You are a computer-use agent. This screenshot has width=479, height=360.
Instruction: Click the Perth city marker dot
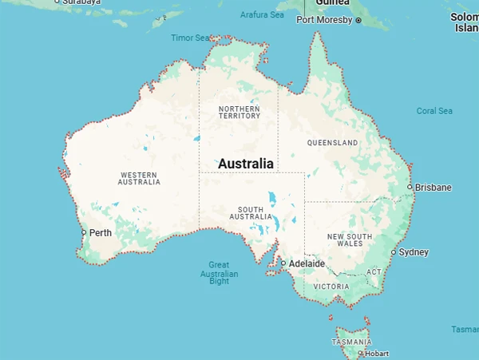(x=84, y=233)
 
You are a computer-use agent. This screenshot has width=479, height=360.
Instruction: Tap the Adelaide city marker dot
(x=283, y=263)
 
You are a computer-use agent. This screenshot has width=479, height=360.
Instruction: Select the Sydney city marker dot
(x=393, y=252)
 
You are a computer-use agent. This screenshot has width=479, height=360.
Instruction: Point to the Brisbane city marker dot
(x=410, y=187)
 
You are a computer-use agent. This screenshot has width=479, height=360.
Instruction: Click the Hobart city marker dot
(x=360, y=353)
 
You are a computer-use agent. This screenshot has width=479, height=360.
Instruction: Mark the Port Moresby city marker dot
(x=358, y=20)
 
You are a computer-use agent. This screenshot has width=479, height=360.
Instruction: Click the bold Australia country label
(x=245, y=164)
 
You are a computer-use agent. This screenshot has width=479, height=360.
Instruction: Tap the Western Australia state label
(x=139, y=177)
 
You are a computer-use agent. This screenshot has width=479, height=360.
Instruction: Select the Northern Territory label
(x=239, y=111)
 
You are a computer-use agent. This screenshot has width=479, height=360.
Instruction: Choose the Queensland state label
(x=332, y=143)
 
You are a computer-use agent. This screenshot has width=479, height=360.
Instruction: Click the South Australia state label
(x=251, y=212)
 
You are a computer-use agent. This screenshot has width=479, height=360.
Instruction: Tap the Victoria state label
(x=331, y=286)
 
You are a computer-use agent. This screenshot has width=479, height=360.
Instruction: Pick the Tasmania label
(x=350, y=342)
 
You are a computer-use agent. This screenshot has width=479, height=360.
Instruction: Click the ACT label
(x=374, y=272)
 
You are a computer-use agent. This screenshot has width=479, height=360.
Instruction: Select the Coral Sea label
(x=434, y=111)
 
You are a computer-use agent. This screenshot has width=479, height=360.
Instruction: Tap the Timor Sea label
(x=189, y=38)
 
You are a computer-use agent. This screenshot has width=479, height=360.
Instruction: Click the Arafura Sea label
(x=262, y=14)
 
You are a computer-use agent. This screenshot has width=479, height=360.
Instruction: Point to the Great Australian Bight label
(x=219, y=272)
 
